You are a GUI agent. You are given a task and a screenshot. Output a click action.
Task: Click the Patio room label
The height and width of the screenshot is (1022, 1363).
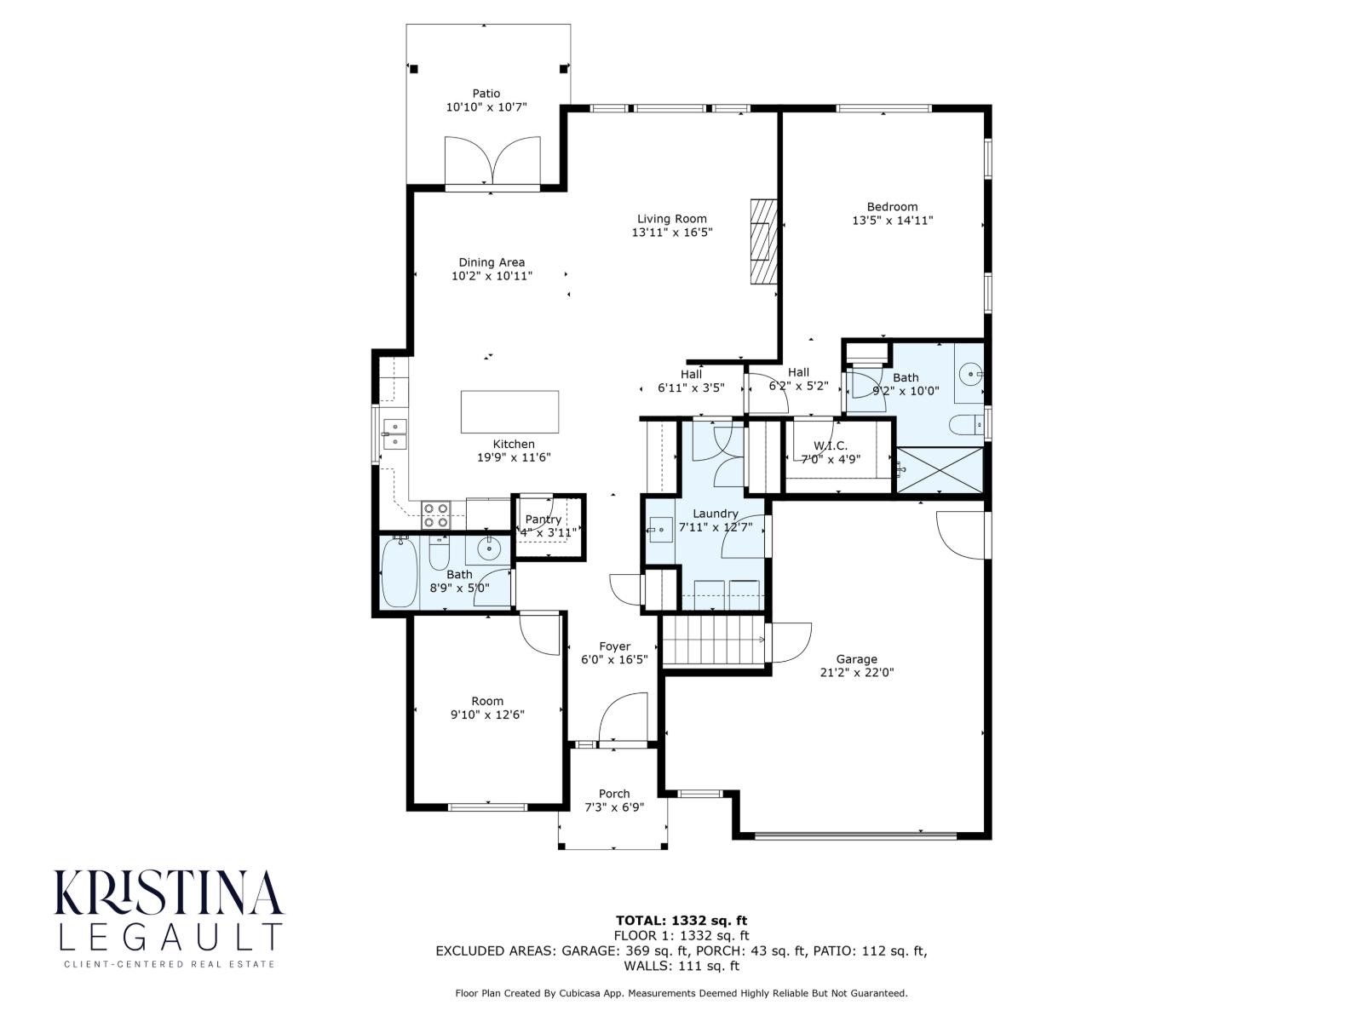click(486, 94)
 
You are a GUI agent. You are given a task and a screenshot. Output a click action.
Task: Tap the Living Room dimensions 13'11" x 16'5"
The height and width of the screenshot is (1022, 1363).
click(671, 233)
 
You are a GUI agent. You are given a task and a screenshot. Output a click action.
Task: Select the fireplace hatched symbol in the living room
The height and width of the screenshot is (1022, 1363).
click(764, 242)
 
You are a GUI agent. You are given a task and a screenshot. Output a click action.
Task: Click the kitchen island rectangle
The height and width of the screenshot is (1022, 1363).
click(509, 412)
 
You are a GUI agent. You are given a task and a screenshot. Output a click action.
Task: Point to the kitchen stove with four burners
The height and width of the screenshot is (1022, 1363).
click(436, 514)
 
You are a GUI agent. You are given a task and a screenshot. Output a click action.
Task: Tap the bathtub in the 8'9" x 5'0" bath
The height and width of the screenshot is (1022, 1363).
click(399, 571)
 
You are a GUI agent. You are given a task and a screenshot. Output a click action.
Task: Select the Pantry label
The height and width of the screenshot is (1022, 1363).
click(543, 520)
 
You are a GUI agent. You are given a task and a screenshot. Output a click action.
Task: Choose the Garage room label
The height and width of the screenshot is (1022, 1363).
click(856, 659)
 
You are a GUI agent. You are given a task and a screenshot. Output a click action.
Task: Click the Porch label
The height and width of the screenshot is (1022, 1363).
click(613, 794)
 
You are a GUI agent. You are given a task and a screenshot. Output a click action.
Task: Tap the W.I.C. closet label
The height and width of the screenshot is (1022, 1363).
click(830, 445)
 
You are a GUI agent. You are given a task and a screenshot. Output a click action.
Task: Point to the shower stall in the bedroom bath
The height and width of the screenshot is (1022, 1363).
click(940, 469)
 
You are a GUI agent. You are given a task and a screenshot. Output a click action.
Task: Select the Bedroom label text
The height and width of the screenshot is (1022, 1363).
click(892, 207)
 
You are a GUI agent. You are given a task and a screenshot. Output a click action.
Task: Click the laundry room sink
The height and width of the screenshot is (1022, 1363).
click(660, 530)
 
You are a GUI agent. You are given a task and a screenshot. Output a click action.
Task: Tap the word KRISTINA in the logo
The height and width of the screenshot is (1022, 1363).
click(168, 893)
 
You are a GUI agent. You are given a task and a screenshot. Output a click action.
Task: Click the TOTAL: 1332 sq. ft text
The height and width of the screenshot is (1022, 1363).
click(681, 920)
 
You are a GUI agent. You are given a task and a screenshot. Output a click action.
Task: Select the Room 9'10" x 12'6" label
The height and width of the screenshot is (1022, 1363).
click(487, 701)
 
